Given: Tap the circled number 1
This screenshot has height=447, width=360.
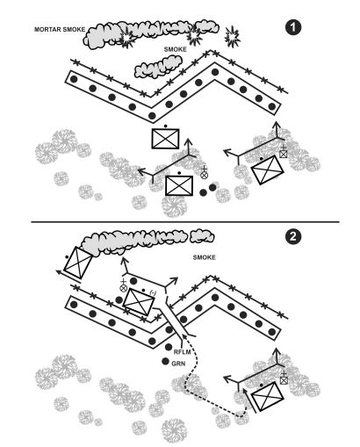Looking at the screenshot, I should (295, 27).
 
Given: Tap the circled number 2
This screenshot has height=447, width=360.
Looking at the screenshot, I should (295, 235).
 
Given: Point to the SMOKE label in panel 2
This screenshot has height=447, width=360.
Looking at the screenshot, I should (206, 257).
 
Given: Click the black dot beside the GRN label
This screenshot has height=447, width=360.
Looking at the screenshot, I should (165, 361).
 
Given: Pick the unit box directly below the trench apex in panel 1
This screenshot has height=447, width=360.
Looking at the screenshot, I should (165, 139).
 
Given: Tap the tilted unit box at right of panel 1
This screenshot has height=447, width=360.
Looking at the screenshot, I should (263, 170).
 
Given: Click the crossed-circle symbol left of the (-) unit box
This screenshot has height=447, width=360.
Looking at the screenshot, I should (124, 287).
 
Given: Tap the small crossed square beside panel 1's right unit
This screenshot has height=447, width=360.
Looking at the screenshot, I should (284, 154).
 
